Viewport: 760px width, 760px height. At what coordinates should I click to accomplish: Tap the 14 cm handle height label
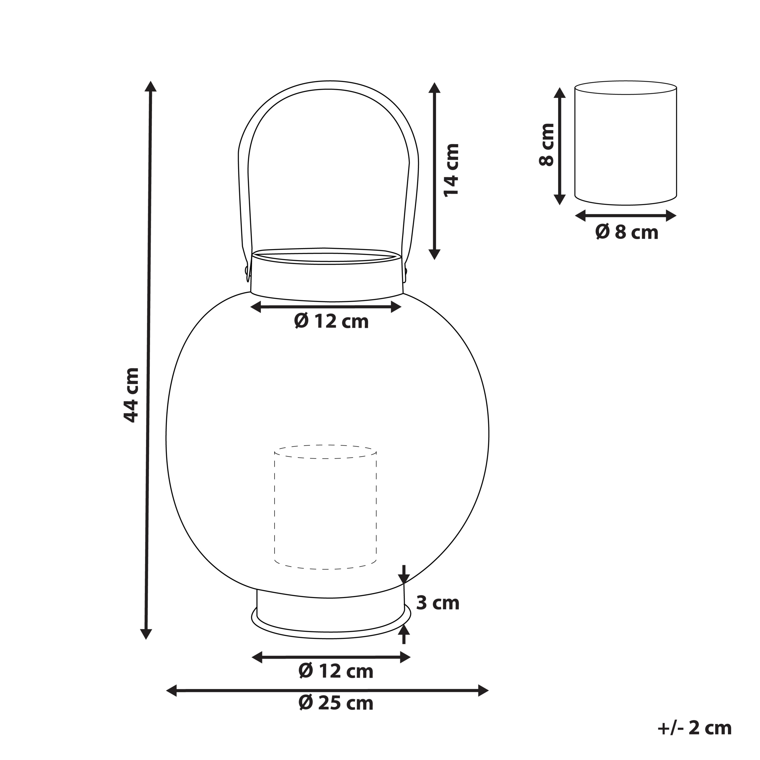click(451, 170)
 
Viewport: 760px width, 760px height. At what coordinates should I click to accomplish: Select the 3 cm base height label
click(437, 603)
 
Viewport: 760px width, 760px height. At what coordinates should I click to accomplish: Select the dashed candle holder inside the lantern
click(325, 507)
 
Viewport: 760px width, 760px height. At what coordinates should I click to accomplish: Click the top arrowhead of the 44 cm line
click(150, 86)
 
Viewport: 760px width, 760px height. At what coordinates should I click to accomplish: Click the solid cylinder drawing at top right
click(626, 144)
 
